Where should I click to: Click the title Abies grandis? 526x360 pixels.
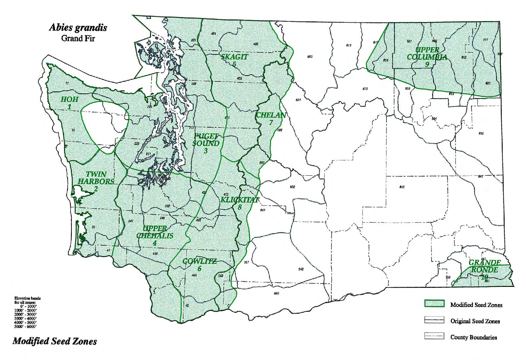pyautogui.click(x=78, y=28)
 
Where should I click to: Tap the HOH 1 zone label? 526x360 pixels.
pyautogui.click(x=69, y=103)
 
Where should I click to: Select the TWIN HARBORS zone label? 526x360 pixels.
pyautogui.click(x=96, y=181)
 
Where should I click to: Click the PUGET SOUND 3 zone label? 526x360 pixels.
pyautogui.click(x=206, y=143)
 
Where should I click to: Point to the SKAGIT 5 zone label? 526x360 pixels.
pyautogui.click(x=235, y=60)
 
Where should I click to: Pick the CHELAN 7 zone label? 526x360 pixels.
pyautogui.click(x=271, y=118)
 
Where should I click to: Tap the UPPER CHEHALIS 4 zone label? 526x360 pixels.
pyautogui.click(x=155, y=236)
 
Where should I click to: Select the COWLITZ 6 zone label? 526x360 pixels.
pyautogui.click(x=199, y=264)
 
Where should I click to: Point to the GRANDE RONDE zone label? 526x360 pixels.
pyautogui.click(x=485, y=269)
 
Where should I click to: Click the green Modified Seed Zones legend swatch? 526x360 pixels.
pyautogui.click(x=434, y=304)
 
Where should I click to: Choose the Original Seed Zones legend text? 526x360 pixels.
pyautogui.click(x=475, y=321)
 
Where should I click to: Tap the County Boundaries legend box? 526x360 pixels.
pyautogui.click(x=434, y=336)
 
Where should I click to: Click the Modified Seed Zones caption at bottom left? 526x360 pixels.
pyautogui.click(x=55, y=341)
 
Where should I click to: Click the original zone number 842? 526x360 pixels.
pyautogui.click(x=402, y=187)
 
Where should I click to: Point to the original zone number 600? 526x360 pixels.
pyautogui.click(x=310, y=57)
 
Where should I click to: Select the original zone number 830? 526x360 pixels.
pyautogui.click(x=481, y=133)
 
